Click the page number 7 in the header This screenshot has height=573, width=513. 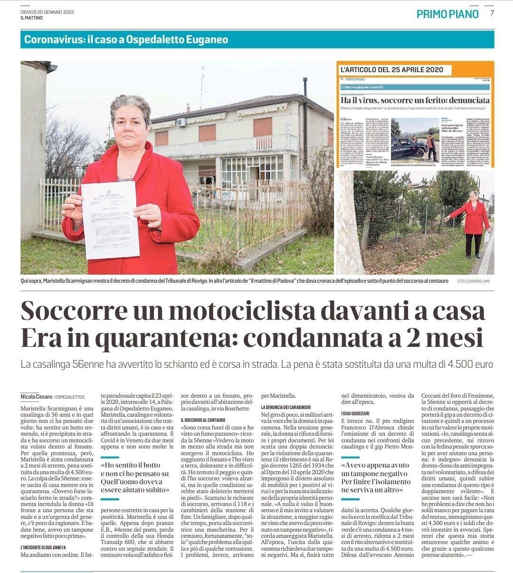493,13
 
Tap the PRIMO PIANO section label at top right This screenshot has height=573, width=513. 447,14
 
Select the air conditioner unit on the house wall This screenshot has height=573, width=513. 181,122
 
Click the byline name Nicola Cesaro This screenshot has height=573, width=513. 36,396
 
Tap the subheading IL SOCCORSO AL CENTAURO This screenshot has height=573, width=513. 203,420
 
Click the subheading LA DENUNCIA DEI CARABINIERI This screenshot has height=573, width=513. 285,408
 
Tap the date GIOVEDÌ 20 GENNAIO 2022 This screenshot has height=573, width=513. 47,11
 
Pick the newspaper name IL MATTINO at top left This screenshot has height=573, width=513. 32,18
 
